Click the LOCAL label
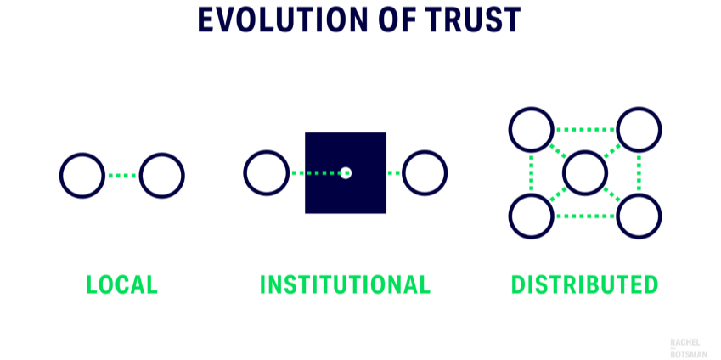point(122,284)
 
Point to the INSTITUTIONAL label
point(345,284)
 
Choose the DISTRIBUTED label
point(585,284)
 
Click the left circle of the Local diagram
point(82,176)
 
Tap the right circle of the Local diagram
point(161,176)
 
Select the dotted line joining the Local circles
point(122,176)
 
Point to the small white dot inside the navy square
point(346,173)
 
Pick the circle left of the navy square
point(266,173)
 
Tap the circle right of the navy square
point(425,173)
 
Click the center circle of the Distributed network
point(585,173)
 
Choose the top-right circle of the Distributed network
point(639,130)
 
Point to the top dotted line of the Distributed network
point(585,130)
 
